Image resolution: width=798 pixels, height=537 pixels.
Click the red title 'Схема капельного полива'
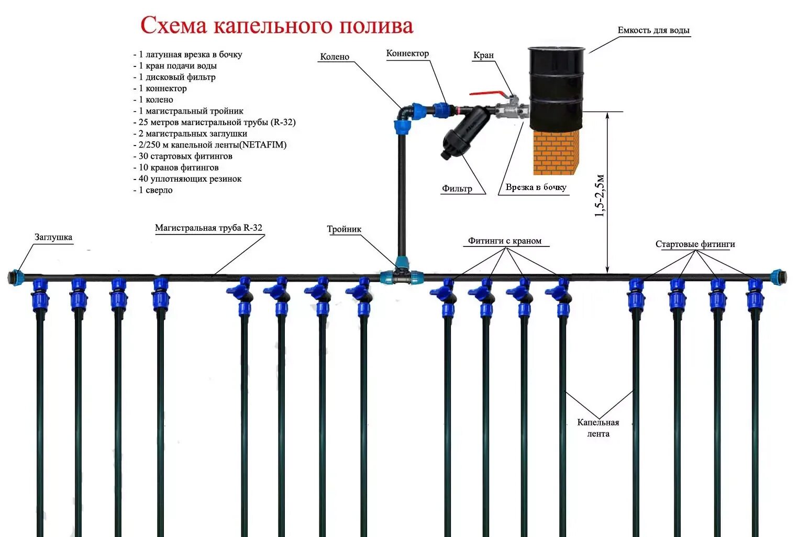[276, 26]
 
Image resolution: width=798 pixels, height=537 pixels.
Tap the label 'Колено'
[335, 57]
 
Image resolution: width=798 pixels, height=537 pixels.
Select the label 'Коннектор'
[407, 53]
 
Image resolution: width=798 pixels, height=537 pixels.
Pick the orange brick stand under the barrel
[556, 152]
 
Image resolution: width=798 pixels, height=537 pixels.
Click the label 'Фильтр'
[457, 188]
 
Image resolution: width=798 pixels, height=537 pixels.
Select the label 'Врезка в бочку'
[536, 187]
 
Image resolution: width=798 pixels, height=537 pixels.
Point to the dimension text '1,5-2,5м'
[600, 195]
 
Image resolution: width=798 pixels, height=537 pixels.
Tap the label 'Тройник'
[344, 229]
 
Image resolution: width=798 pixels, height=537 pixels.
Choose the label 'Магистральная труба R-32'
[208, 228]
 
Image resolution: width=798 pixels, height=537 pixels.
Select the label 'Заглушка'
[53, 237]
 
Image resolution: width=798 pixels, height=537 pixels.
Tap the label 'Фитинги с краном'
[504, 241]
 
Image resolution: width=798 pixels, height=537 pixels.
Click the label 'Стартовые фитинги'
[695, 244]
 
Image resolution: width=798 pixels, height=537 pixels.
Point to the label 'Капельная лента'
[598, 428]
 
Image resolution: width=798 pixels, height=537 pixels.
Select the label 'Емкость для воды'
[653, 30]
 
